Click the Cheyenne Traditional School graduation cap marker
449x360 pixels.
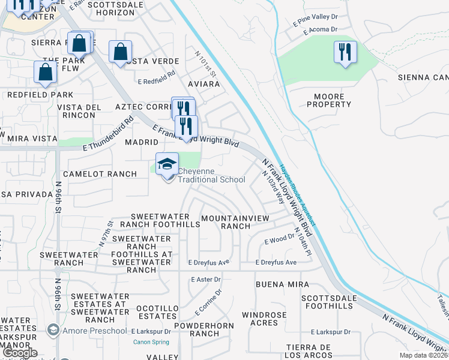[167, 164]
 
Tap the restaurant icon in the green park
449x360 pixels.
[345, 52]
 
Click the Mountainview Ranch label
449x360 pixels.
[235, 222]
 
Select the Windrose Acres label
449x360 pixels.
[269, 319]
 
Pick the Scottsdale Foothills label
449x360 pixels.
[327, 302]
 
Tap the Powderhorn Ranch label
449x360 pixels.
[196, 329]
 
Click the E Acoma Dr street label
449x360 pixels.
[321, 29]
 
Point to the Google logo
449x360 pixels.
[20, 353]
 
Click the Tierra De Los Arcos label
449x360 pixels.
[309, 352]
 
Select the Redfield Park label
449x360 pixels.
[40, 95]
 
